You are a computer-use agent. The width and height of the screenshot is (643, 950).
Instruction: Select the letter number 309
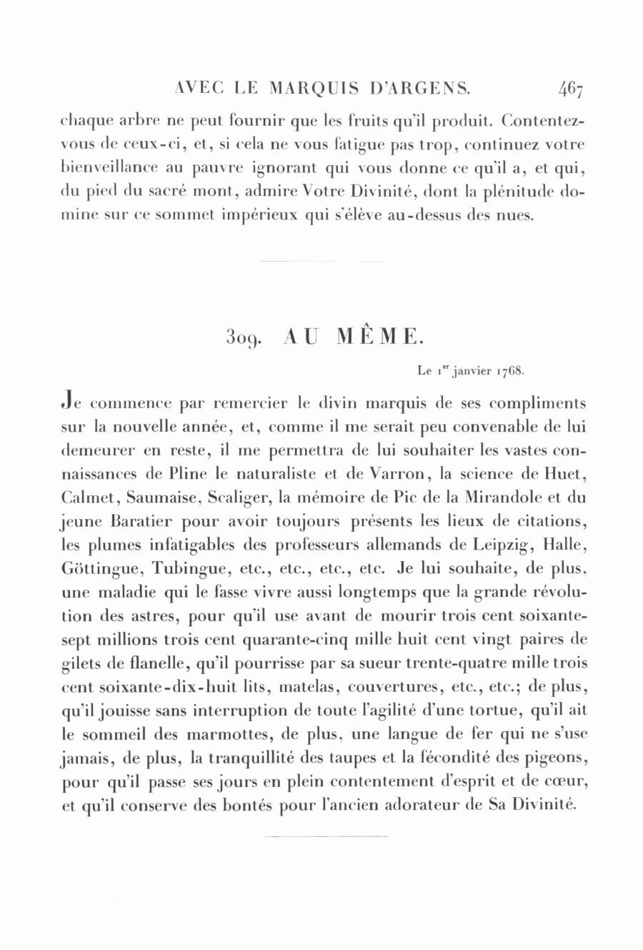tap(240, 336)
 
